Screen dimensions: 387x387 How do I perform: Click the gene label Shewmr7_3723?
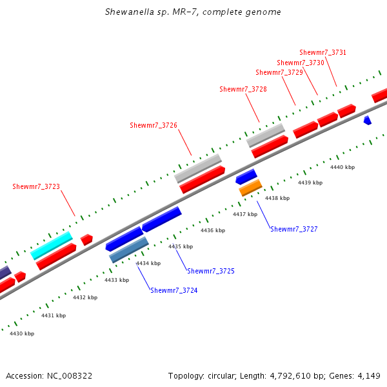36,187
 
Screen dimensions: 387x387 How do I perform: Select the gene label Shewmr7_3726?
154,125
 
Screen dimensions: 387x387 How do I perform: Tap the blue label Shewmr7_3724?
174,291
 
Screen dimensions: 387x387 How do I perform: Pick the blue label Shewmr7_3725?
211,272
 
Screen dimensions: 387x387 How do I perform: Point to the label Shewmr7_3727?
294,230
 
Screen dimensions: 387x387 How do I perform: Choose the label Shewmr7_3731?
323,53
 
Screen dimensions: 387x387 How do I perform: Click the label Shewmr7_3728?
243,89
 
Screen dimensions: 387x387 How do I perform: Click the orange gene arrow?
250,188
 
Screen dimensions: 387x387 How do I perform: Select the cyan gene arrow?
52,245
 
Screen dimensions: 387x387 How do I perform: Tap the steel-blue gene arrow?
129,250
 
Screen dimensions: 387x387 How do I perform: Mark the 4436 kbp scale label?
213,230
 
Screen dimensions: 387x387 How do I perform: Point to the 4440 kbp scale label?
342,167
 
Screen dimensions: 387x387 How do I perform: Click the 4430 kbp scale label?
22,333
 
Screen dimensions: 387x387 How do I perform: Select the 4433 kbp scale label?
117,280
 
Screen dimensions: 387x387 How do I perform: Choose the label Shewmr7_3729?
279,73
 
